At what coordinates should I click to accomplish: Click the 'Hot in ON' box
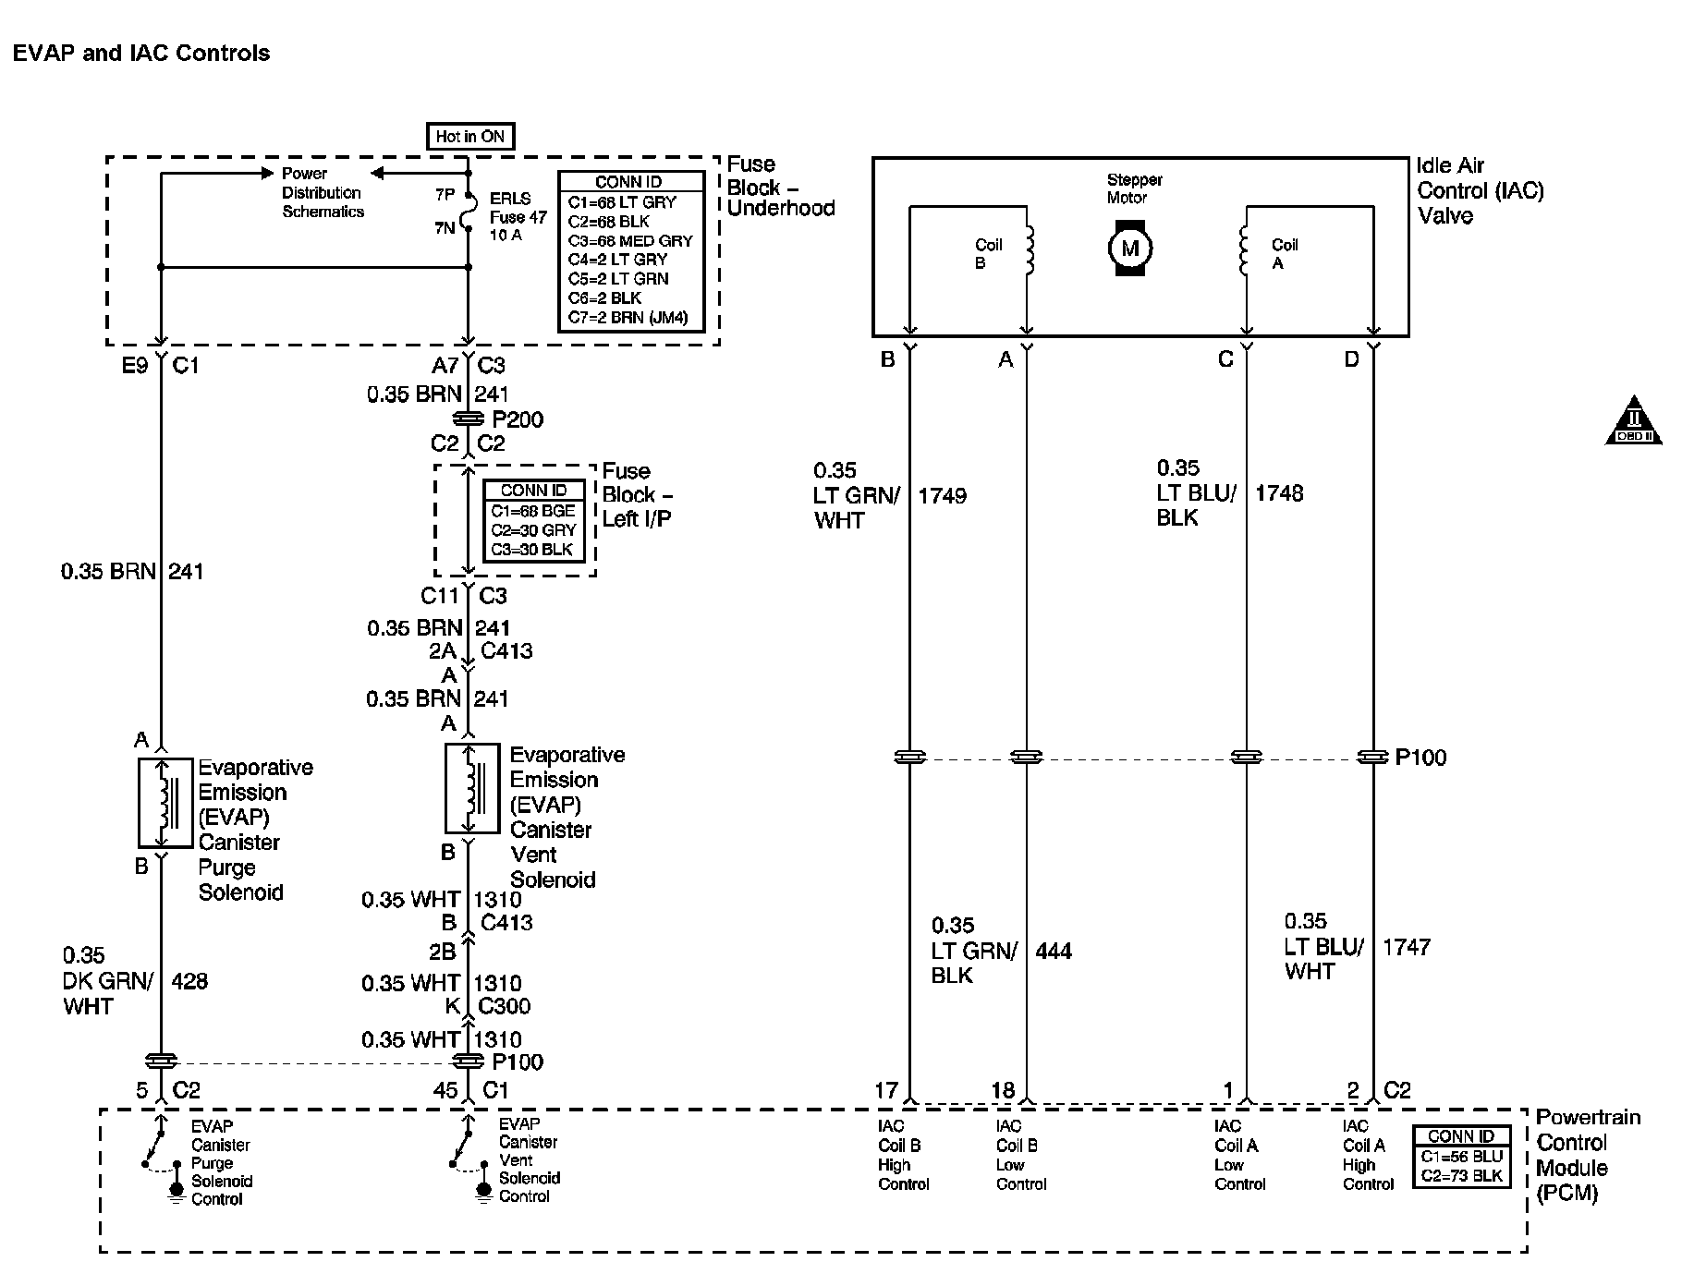pos(469,137)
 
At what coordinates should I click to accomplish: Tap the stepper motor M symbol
pos(1129,248)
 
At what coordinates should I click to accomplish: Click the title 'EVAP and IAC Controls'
pos(141,53)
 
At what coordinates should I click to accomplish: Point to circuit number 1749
pos(942,496)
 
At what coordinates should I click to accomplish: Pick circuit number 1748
pos(1278,493)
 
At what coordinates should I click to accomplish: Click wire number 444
pos(1054,951)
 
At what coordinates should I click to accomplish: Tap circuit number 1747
pos(1406,947)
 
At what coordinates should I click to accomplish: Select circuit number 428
pos(189,980)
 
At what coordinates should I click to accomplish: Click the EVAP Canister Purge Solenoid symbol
pos(165,803)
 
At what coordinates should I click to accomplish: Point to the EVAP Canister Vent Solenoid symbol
pos(472,789)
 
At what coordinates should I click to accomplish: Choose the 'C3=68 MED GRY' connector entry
pos(630,241)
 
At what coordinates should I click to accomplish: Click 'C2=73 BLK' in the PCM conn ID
pos(1462,1176)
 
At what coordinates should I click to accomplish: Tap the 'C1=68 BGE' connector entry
pos(533,511)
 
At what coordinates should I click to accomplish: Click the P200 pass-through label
pos(518,419)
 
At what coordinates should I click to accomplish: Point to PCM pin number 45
pos(445,1091)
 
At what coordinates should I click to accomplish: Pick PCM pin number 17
pos(885,1091)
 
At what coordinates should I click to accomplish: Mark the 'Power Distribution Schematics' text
pos(323,192)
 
